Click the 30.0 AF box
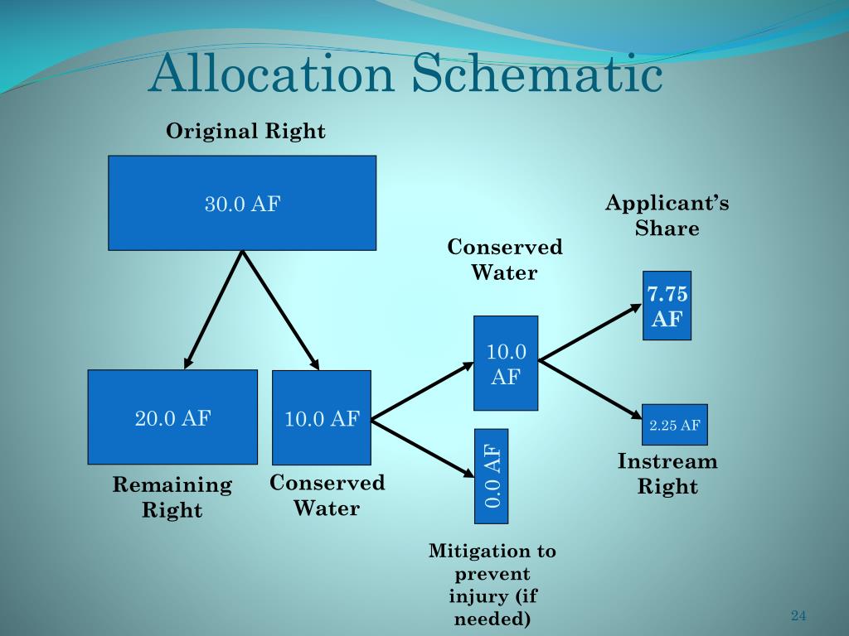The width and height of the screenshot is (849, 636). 242,203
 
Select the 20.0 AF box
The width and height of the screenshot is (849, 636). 172,417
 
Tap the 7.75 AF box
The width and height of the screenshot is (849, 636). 667,306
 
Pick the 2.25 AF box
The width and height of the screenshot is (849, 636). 675,425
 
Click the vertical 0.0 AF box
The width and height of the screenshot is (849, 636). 491,476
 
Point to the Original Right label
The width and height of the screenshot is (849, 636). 245,131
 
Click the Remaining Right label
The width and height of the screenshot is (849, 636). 172,497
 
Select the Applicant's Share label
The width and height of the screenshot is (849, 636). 667,215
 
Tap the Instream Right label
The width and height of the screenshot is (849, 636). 667,474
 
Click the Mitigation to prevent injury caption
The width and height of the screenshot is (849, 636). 492,585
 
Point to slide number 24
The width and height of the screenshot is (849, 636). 798,615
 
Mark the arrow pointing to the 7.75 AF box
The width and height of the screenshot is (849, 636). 590,331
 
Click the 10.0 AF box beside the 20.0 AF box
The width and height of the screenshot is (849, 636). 322,417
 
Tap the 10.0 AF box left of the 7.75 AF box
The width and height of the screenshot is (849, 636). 506,363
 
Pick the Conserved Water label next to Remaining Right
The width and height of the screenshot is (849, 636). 327,495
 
